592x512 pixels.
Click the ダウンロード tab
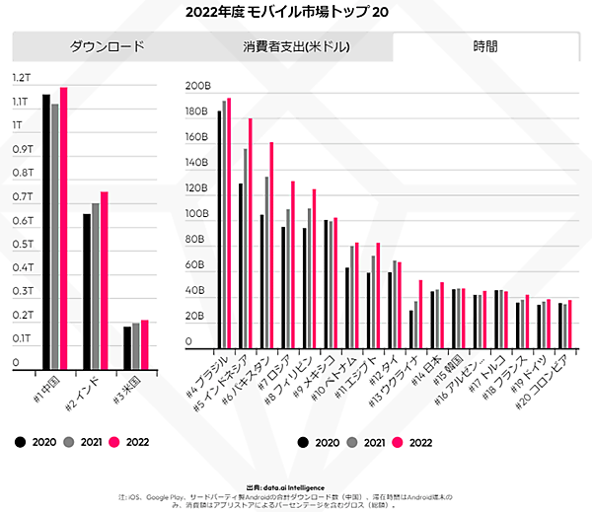pos(107,46)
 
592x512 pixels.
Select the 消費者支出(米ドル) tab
pos(297,46)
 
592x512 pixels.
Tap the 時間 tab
pos(484,46)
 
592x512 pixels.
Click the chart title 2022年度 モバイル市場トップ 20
pos(295,13)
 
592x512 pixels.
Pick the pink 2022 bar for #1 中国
pos(64,227)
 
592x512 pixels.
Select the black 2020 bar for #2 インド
pos(86,290)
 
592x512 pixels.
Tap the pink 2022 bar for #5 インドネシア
pos(251,234)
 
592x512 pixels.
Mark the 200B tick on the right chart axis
pos(197,86)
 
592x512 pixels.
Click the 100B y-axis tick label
pos(197,214)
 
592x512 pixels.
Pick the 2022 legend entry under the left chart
pos(129,442)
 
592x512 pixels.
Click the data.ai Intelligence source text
pos(296,487)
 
